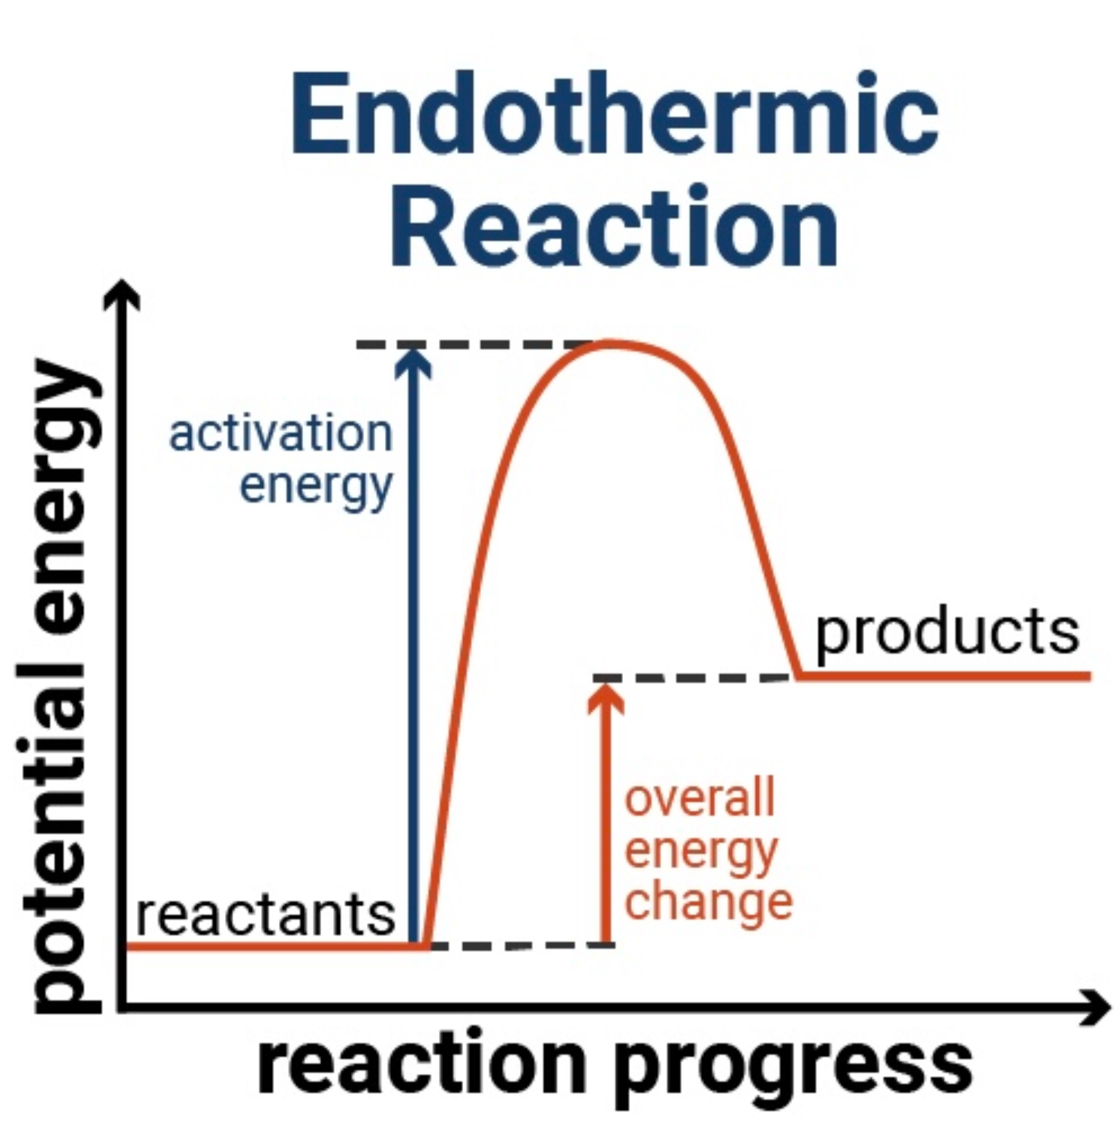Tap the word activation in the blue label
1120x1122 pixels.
(281, 434)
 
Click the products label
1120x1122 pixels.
(947, 632)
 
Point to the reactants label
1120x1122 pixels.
(266, 915)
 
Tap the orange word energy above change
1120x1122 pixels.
(701, 851)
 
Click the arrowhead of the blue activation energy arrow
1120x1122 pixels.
(413, 360)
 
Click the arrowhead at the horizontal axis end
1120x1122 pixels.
(1094, 1008)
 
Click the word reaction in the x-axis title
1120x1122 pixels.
(422, 1059)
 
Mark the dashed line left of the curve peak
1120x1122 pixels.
(474, 344)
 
